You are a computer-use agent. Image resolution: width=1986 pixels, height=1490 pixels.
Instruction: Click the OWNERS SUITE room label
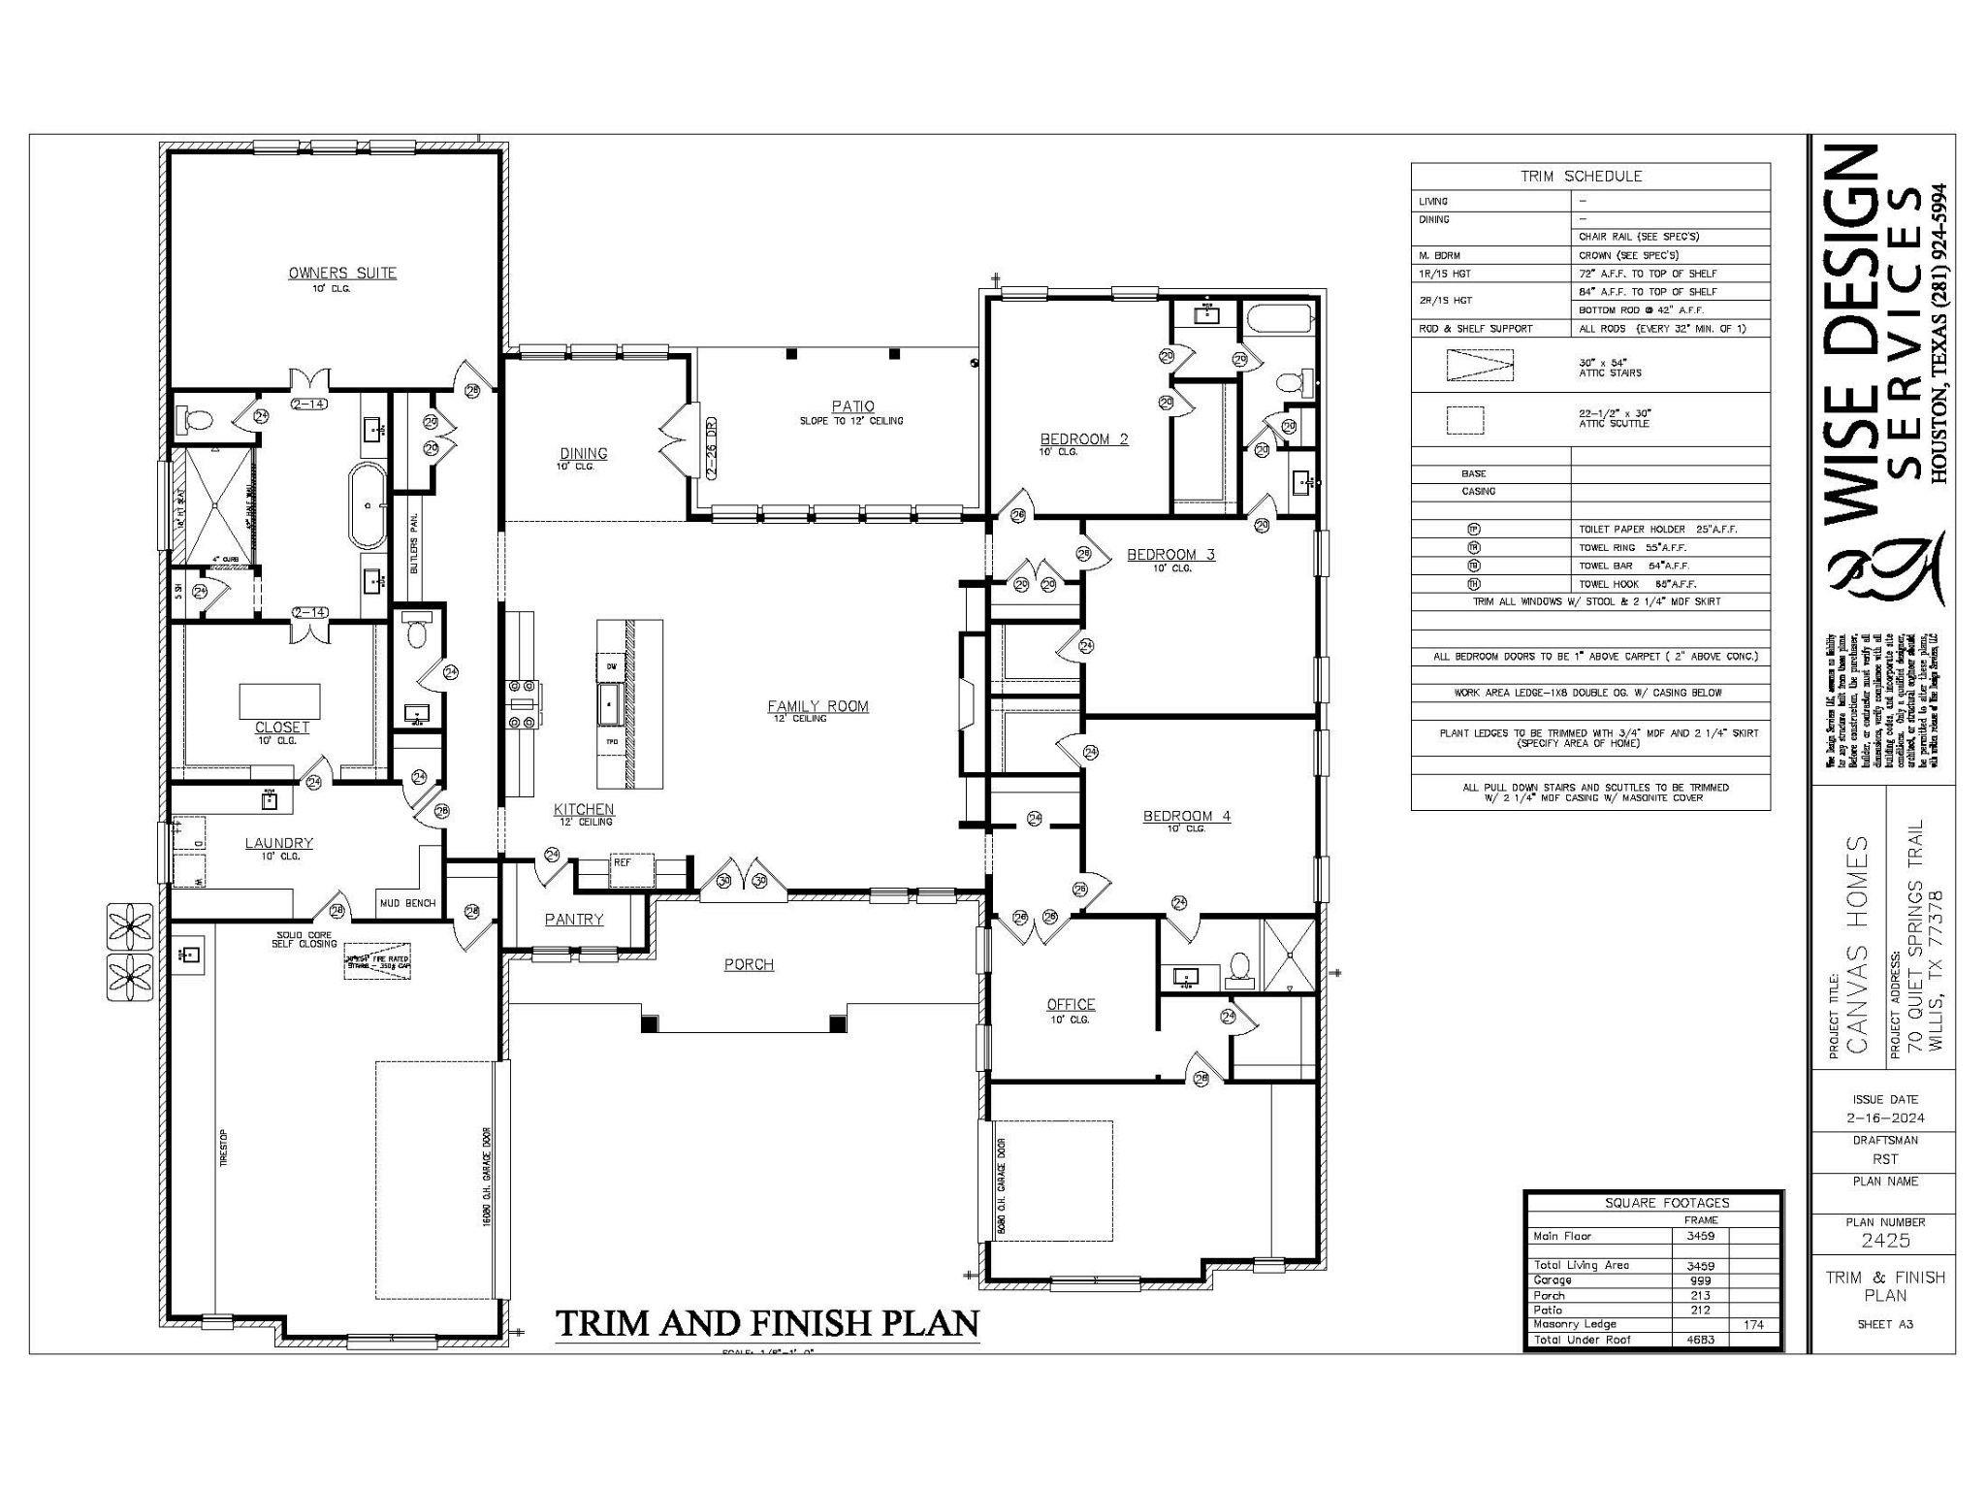click(x=342, y=274)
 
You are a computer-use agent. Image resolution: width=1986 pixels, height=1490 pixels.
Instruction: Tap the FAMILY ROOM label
click(x=817, y=706)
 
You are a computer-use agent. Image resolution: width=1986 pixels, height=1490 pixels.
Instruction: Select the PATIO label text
click(x=852, y=406)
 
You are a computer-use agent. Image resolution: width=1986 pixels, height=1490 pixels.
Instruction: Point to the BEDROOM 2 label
click(x=1083, y=439)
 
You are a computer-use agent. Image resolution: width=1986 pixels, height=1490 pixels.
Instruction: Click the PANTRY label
click(x=574, y=919)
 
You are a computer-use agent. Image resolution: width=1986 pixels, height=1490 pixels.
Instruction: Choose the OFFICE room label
click(x=1071, y=1005)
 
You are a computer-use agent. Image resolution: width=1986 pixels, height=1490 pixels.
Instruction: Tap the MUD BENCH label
click(x=407, y=903)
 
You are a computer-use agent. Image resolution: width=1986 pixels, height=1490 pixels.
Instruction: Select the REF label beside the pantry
click(x=622, y=861)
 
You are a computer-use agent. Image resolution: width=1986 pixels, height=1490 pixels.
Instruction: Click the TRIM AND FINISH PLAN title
click(x=767, y=1323)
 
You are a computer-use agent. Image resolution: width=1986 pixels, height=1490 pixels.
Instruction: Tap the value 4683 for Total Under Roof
click(x=1701, y=1340)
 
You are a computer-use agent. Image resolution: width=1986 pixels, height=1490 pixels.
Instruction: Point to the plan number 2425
click(x=1885, y=1241)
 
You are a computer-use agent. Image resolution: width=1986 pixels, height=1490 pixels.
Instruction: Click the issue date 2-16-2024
click(x=1885, y=1118)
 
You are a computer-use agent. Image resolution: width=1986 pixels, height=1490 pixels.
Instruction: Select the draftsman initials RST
click(x=1885, y=1159)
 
